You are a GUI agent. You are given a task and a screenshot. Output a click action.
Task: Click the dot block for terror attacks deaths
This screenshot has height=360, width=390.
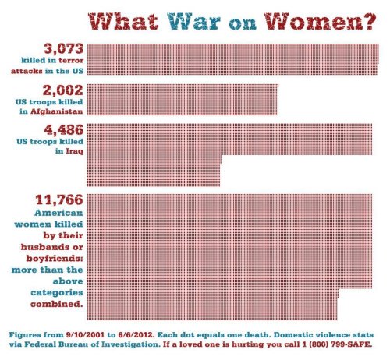click(234, 60)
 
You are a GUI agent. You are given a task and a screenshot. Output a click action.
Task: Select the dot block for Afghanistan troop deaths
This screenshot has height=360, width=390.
click(184, 99)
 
